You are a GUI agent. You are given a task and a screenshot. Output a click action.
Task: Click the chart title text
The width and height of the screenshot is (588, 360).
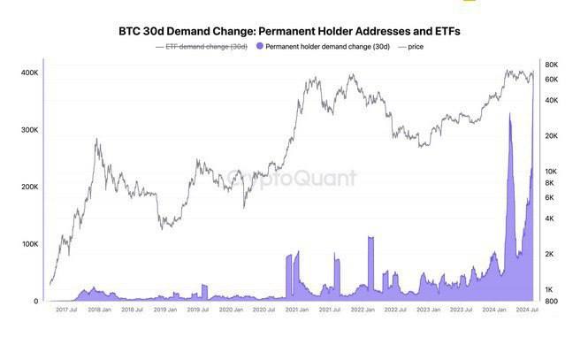[x=289, y=31]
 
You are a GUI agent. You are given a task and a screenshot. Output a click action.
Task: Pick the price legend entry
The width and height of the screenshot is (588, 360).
[x=414, y=46]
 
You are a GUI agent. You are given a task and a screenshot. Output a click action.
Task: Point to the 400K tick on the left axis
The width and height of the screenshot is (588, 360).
[x=28, y=73]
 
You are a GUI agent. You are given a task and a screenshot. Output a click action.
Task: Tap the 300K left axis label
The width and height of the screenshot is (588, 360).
[x=28, y=130]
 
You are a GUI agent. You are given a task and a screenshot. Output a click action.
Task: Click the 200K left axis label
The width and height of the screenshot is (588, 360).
[x=28, y=188]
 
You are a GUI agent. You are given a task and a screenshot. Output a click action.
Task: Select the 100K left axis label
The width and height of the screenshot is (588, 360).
[x=28, y=244]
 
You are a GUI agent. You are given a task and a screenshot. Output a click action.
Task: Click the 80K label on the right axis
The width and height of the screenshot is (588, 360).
[x=551, y=65]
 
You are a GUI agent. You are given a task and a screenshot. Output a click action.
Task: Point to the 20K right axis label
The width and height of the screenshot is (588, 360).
[x=551, y=135]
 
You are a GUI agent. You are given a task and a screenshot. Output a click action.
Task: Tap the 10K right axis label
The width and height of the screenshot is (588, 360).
[x=551, y=171]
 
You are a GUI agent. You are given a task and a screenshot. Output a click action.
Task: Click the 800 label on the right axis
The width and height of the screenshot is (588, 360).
[x=550, y=302]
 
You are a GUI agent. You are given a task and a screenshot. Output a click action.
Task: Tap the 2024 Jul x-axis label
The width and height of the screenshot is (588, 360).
[x=527, y=310]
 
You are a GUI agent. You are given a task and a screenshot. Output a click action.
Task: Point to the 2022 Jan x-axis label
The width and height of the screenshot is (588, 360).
[x=363, y=310]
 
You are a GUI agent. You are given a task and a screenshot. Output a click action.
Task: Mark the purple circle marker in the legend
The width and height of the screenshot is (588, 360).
[x=258, y=46]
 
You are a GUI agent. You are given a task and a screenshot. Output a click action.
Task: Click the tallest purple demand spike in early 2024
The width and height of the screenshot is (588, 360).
[x=510, y=116]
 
